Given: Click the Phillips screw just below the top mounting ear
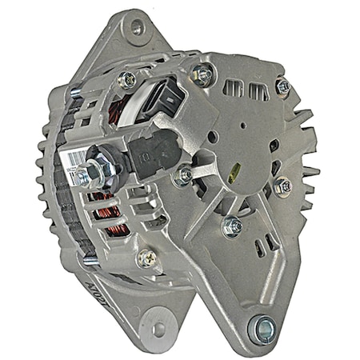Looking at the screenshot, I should (126, 79).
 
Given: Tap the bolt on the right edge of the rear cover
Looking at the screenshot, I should (282, 186).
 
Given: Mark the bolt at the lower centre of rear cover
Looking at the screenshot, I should (232, 226).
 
